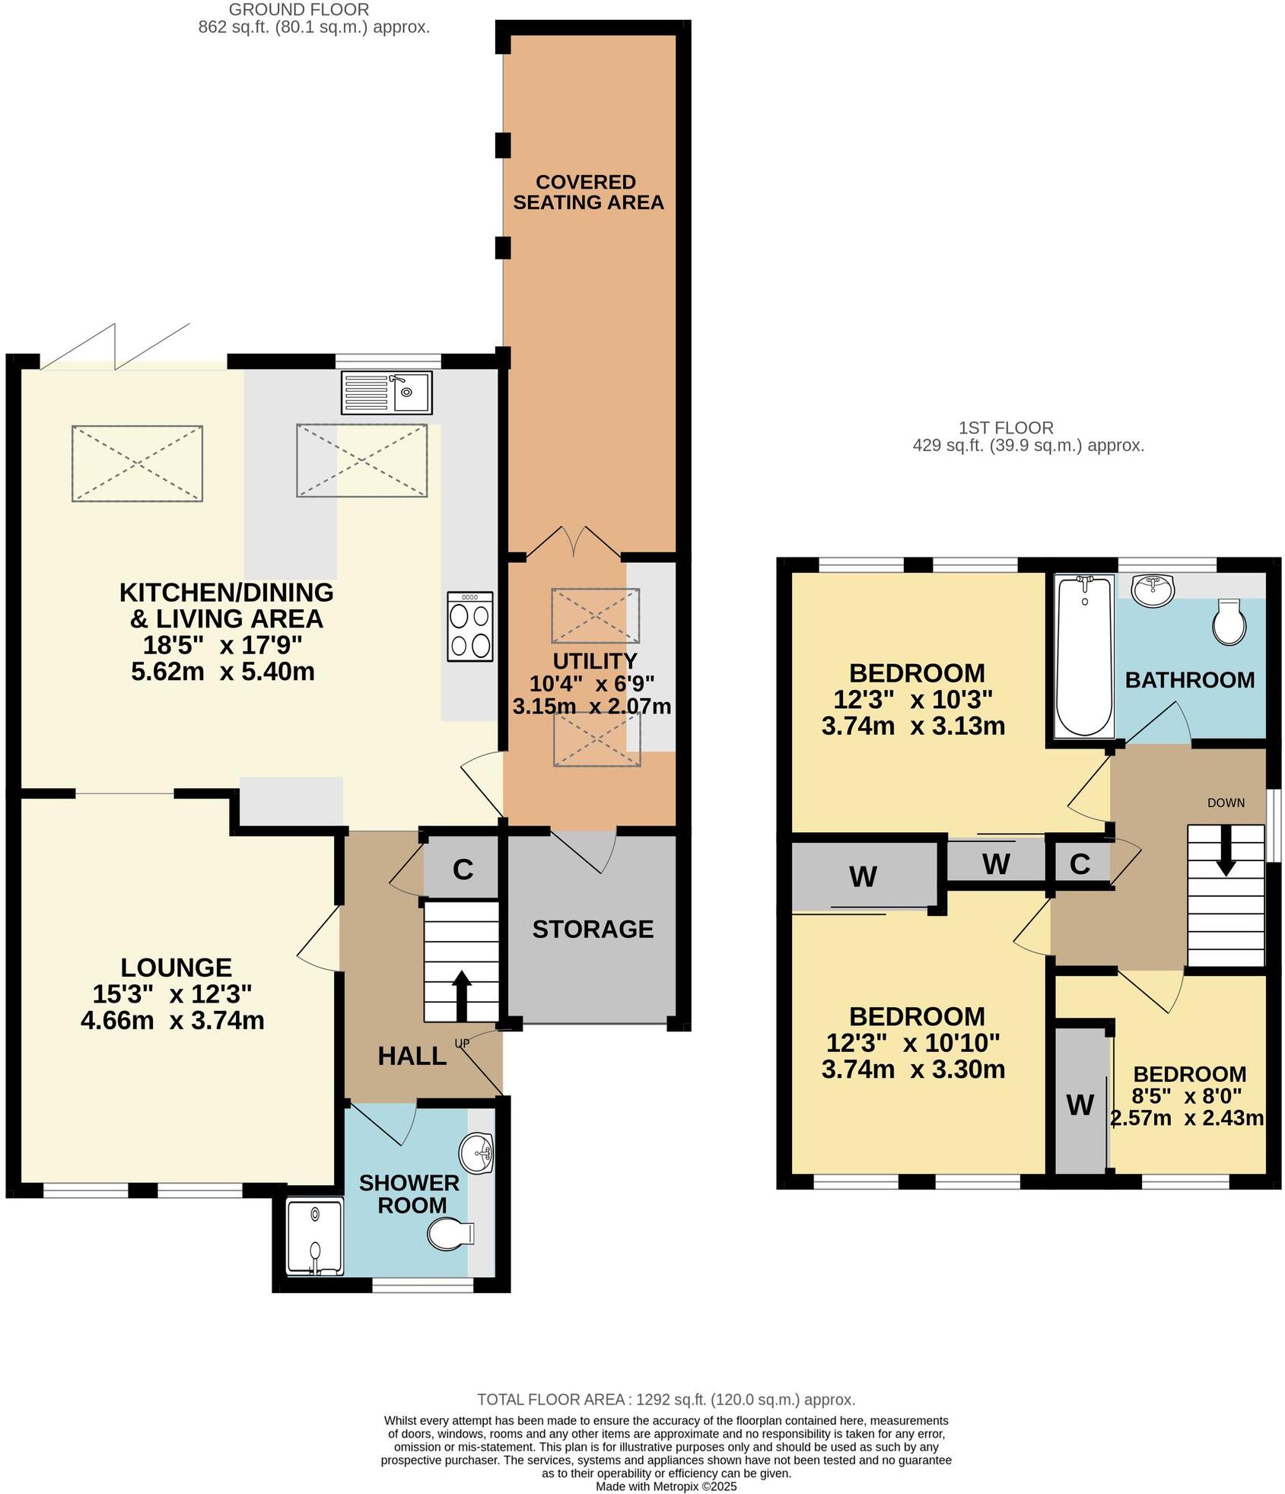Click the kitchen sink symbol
coord(386,392)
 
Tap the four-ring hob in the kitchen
coord(469,626)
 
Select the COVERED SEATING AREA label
coord(587,192)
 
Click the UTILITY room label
coord(594,660)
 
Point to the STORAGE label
coord(593,929)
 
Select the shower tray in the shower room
coord(315,1236)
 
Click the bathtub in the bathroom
coord(1084,656)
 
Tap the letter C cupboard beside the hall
coord(463,869)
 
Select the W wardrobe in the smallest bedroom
coord(1080,1105)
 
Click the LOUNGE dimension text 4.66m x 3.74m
coord(173,1020)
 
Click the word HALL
coord(412,1056)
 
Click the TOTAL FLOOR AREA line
coord(666,1400)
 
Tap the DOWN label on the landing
coord(1226,803)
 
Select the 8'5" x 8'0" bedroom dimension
coord(1187,1096)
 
